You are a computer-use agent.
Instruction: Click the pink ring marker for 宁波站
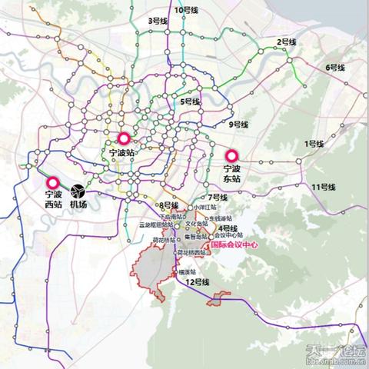123,139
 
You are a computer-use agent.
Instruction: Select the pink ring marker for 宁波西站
53,183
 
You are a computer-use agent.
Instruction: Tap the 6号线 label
336,68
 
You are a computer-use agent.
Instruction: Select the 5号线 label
190,101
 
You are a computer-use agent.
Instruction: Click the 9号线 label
239,124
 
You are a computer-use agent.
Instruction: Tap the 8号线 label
169,205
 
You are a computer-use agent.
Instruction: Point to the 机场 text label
78,205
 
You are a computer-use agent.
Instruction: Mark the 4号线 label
227,228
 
